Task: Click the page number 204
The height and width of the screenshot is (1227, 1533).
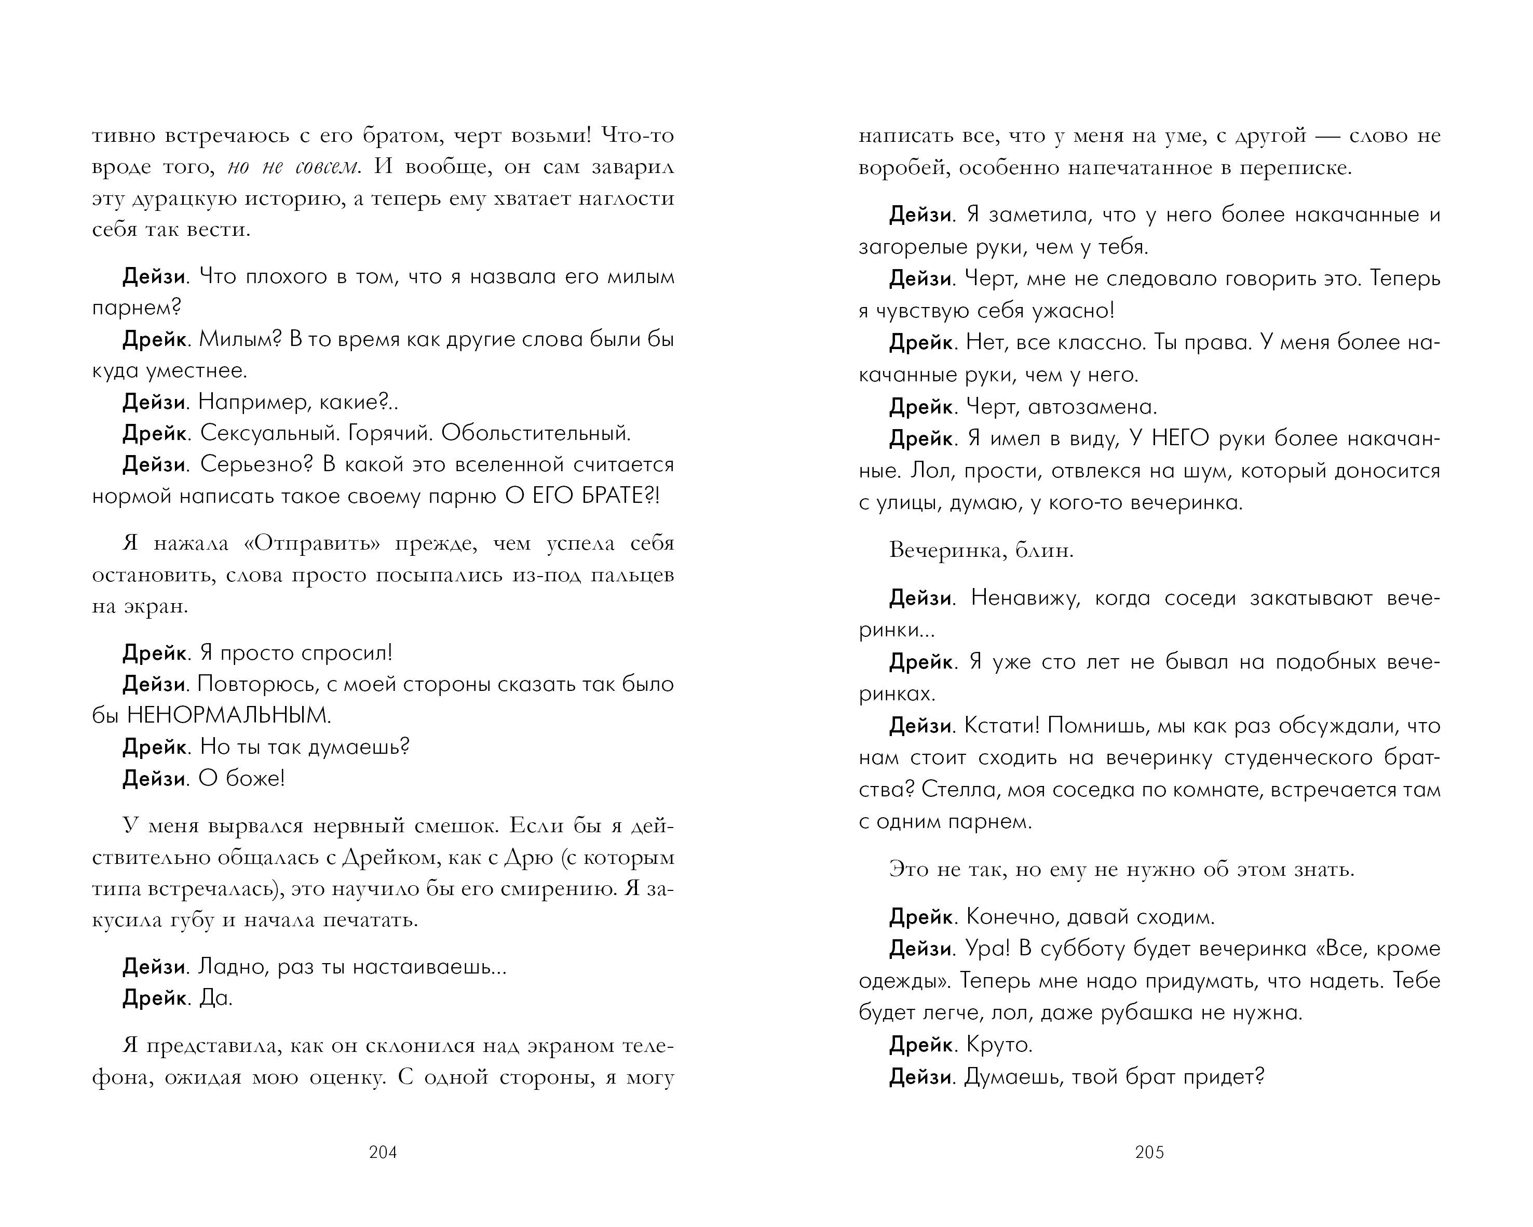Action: coord(383,1152)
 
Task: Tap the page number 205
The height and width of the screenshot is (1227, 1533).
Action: coord(1149,1152)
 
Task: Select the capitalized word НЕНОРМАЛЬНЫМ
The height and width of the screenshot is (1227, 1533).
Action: coord(228,715)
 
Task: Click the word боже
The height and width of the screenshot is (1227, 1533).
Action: coord(254,779)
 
